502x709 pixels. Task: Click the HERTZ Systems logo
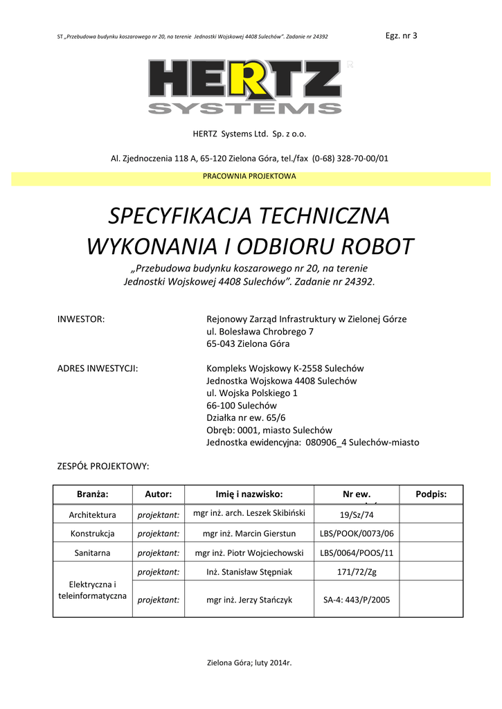point(245,87)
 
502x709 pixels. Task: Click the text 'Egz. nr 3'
point(401,35)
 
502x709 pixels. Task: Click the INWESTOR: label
point(80,319)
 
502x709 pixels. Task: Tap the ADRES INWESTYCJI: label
point(97,368)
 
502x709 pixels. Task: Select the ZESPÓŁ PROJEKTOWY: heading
point(102,467)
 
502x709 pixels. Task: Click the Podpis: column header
point(431,494)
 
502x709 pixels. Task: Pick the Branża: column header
point(93,494)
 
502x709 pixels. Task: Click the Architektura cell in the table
point(93,515)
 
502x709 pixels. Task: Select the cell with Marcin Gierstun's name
point(249,534)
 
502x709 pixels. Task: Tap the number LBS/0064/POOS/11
point(357,553)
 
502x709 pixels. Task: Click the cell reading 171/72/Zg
point(357,572)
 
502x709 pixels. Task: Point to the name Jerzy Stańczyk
point(249,600)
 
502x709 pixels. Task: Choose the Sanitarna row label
point(93,553)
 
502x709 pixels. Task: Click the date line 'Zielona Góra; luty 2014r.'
point(250,663)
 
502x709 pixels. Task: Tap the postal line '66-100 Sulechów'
point(242,406)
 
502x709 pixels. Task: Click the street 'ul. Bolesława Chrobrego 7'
point(260,332)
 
